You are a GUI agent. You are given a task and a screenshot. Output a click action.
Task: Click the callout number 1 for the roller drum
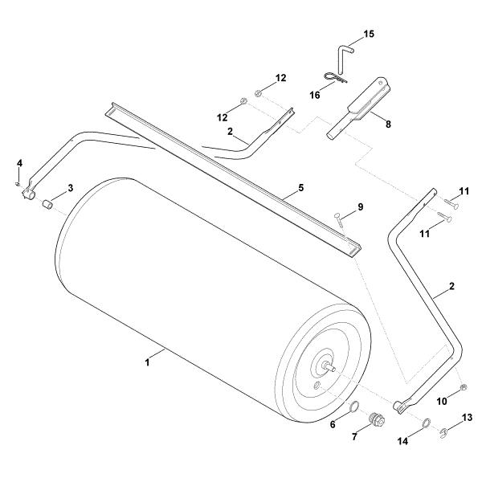(x=148, y=362)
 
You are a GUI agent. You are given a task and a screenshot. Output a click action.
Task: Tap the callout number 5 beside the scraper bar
(x=300, y=187)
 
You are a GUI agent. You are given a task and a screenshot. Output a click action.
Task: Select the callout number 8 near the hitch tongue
(x=389, y=124)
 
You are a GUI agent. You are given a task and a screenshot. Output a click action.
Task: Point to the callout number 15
(x=370, y=34)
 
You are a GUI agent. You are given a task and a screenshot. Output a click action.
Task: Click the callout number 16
(x=315, y=95)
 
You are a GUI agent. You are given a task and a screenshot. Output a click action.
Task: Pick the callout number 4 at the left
(x=19, y=163)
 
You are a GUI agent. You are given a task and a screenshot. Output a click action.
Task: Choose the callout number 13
(x=467, y=418)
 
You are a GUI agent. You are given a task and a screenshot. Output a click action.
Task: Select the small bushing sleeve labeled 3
(x=47, y=204)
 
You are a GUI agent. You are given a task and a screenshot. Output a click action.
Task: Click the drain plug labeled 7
(x=377, y=420)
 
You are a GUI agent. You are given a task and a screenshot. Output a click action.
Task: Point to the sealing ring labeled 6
(x=354, y=406)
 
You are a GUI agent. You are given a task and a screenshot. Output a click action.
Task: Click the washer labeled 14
(x=426, y=423)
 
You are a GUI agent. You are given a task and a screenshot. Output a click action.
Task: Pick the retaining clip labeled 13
(x=443, y=433)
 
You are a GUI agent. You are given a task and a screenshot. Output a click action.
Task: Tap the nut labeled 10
(x=464, y=388)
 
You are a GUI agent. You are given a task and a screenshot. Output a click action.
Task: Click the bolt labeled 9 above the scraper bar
(x=339, y=221)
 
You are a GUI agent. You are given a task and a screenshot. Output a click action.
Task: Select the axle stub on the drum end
(x=330, y=366)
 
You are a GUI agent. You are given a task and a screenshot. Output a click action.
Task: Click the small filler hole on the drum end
(x=317, y=385)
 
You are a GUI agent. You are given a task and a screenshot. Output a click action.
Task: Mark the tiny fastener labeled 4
(x=18, y=184)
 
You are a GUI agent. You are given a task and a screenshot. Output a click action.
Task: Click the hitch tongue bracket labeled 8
(x=358, y=108)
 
